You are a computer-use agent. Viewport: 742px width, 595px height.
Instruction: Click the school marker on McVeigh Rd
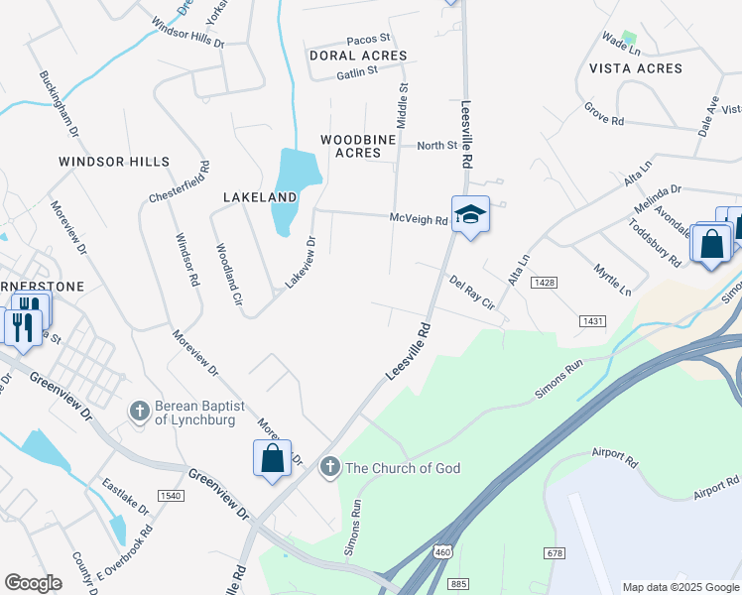click(x=470, y=214)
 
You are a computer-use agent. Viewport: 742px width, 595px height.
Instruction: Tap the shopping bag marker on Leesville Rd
click(x=272, y=458)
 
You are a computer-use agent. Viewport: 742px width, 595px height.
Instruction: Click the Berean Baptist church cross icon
click(x=140, y=410)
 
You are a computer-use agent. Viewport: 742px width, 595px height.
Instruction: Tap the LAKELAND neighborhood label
click(x=260, y=197)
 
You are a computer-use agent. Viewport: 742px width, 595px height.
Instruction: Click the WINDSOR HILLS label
click(x=114, y=162)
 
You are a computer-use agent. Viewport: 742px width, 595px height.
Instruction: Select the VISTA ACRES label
click(x=636, y=68)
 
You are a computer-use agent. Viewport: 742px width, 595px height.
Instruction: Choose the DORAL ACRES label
click(x=358, y=56)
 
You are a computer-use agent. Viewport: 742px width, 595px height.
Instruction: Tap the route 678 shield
click(x=555, y=551)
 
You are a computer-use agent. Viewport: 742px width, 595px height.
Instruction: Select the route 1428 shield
click(x=543, y=283)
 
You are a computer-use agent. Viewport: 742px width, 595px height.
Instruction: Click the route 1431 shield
click(x=593, y=321)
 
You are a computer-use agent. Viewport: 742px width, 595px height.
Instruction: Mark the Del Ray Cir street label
click(x=471, y=293)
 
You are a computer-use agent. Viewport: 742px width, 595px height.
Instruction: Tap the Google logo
click(x=33, y=583)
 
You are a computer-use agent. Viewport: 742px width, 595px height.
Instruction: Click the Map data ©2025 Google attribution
click(x=680, y=587)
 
